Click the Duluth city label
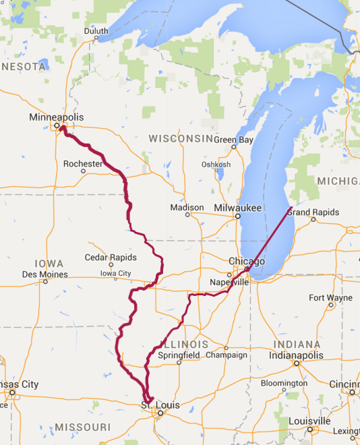click(96, 31)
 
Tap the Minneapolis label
click(57, 117)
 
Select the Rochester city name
click(82, 163)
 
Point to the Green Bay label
click(234, 140)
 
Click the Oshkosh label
click(216, 165)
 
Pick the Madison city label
click(187, 207)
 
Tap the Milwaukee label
click(237, 207)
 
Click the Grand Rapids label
click(311, 212)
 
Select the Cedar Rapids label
click(111, 258)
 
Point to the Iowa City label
click(115, 273)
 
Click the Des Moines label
click(44, 274)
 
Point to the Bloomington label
click(284, 383)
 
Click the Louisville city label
click(310, 421)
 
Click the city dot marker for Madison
click(187, 214)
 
